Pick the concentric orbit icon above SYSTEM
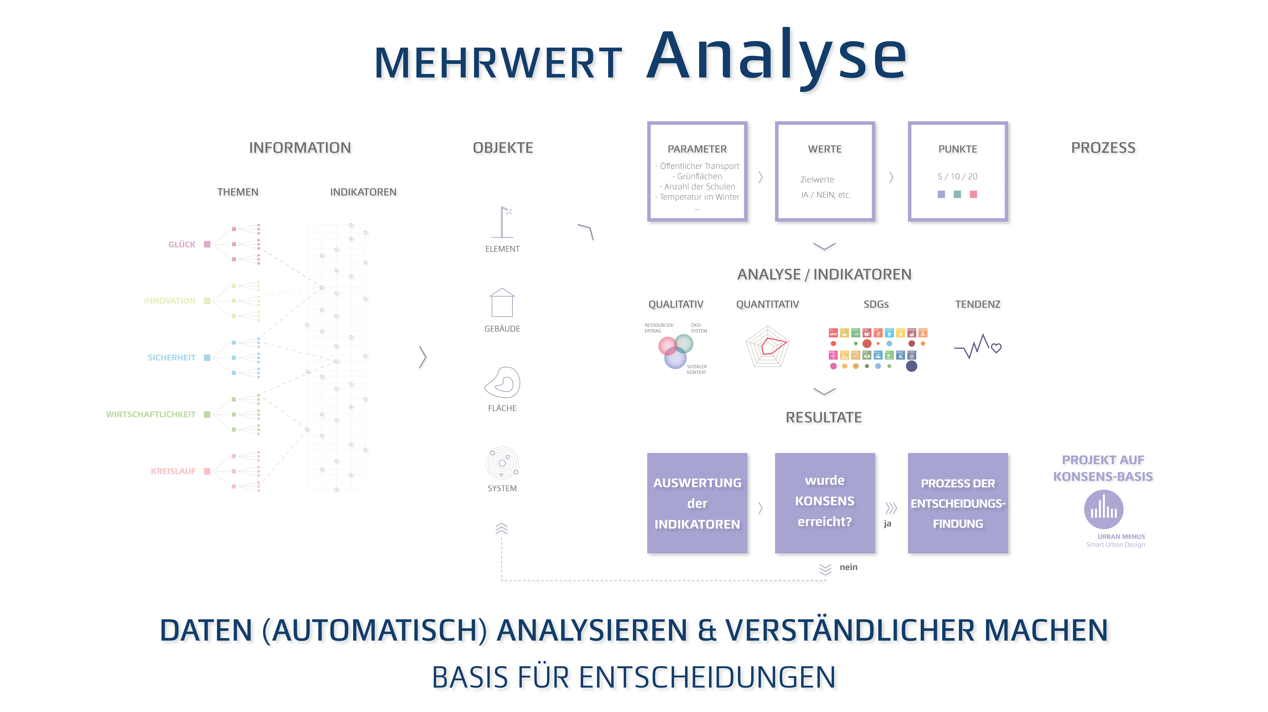coord(502,463)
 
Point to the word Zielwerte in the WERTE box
coord(817,180)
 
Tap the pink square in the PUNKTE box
coord(973,194)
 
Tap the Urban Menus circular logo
coord(1104,509)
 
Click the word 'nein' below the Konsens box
coord(848,567)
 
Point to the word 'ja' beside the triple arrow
coord(887,523)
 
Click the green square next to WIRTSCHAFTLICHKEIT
coord(207,414)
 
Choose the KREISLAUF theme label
coord(173,471)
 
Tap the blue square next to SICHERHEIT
coord(207,358)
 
